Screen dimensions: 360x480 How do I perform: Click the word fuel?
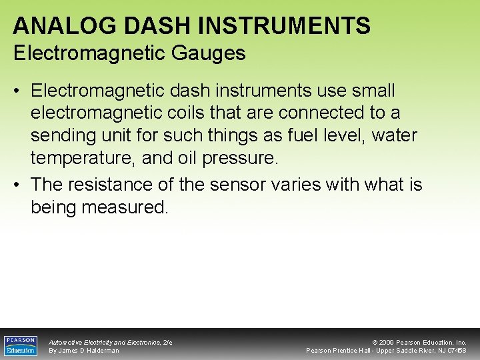pos(303,136)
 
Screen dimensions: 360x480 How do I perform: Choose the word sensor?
pos(239,184)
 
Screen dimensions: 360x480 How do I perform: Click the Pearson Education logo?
pos(21,345)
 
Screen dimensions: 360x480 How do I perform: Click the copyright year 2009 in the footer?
pos(387,342)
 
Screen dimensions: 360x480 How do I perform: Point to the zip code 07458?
pos(457,351)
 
